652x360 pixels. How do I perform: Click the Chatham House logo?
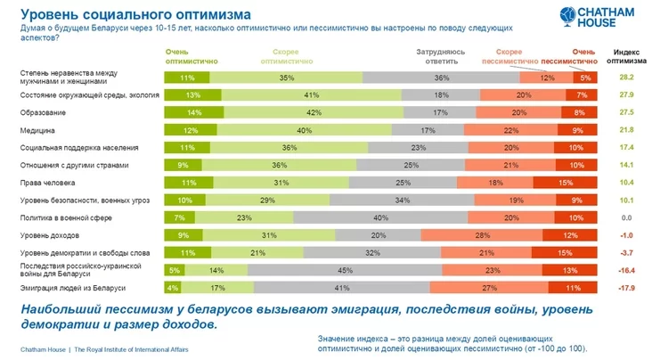607,18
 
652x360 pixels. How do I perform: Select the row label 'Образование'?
44,112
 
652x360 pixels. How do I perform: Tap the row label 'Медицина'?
37,130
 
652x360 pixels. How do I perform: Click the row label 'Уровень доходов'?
50,234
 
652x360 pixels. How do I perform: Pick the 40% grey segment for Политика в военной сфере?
381,217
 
